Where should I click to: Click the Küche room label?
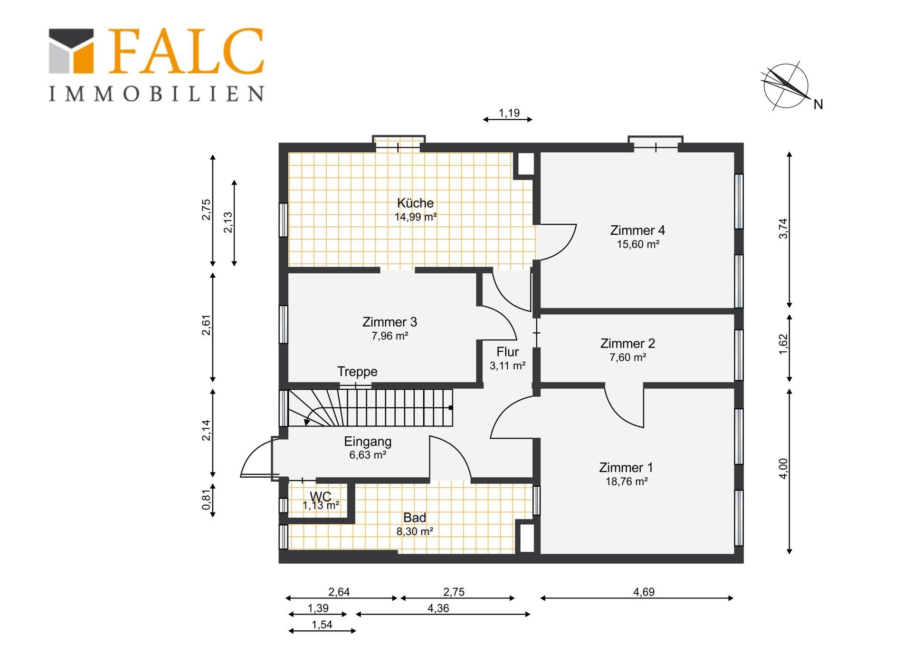pos(415,203)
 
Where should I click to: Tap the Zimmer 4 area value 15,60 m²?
pos(638,244)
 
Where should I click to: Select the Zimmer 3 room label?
pos(389,322)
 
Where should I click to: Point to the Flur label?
pos(507,352)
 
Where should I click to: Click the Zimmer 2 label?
pos(627,343)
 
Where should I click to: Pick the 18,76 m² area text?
pos(627,481)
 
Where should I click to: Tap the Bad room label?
pos(415,518)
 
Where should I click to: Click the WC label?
pos(321,497)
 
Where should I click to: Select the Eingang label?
pos(368,442)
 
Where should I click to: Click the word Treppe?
pos(357,372)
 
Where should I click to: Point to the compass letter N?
pos(818,105)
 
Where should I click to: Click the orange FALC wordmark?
pos(186,51)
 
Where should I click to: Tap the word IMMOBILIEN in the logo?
pos(156,94)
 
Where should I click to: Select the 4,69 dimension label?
pos(644,592)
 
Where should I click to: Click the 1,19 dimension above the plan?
pos(509,113)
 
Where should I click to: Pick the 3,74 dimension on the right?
pos(783,229)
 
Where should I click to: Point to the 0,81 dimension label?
pos(206,500)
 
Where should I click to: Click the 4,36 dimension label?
pos(438,608)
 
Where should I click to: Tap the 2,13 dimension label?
pos(228,222)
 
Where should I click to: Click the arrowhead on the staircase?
pos(307,422)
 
